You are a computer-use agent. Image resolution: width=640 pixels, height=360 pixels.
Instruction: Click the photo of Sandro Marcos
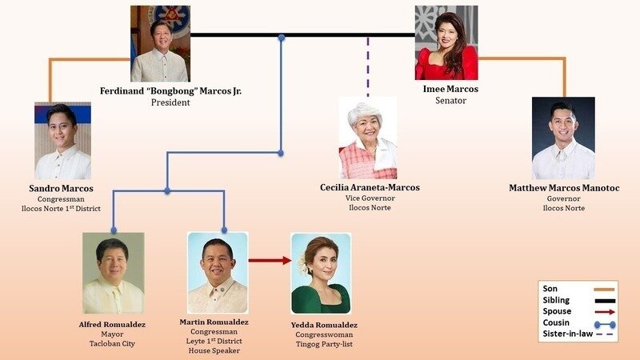[x=63, y=141]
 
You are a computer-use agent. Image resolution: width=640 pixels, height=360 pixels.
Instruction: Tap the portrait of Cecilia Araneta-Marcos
[x=368, y=138]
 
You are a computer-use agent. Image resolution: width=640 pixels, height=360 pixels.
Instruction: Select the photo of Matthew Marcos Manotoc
[x=563, y=138]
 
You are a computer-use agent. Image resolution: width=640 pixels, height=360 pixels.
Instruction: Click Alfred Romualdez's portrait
[x=114, y=273]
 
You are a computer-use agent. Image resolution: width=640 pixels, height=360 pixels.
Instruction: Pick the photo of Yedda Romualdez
[x=321, y=274]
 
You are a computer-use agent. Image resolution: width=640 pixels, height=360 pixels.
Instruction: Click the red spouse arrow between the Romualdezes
[x=270, y=261]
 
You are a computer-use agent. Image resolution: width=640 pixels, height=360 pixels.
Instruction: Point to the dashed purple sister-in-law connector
[x=368, y=67]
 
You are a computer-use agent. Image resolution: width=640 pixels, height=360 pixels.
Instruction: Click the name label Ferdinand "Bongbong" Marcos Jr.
[x=170, y=90]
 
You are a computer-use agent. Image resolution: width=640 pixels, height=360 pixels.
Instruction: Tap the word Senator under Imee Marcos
[x=450, y=101]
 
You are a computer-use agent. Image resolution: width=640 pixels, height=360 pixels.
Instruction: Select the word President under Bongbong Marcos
[x=170, y=102]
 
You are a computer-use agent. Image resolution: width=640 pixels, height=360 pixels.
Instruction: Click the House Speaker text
[x=214, y=350]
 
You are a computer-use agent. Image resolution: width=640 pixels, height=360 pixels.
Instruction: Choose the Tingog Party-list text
[x=325, y=344]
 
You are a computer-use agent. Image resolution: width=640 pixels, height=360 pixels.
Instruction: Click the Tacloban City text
[x=112, y=344]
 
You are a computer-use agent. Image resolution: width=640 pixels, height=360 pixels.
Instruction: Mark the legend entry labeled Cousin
[x=578, y=323]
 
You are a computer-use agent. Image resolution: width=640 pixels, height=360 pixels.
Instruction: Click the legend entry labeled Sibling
[x=578, y=301]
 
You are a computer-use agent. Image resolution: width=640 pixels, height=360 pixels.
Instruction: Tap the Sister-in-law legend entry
[x=578, y=334]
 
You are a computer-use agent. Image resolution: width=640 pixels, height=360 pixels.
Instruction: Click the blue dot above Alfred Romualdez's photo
[x=114, y=230]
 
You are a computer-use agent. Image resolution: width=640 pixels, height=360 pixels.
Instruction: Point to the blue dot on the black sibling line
[x=282, y=38]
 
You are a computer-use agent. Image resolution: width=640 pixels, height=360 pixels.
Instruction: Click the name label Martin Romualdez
[x=214, y=322]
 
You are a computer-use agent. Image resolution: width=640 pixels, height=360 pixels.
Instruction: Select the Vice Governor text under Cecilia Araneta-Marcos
[x=370, y=198]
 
